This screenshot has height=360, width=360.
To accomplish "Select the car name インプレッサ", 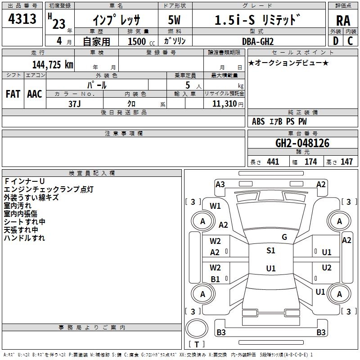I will [116, 20].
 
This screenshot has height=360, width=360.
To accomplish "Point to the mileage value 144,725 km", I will [53, 64].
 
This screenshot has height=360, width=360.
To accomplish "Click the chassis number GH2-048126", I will [302, 143].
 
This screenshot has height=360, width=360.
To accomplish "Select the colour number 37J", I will [75, 103].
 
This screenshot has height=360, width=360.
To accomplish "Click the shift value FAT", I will [13, 94].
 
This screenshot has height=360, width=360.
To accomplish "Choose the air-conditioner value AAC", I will [34, 94].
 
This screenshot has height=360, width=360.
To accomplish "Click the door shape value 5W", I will [175, 20].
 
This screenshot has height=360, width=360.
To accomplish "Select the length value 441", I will [273, 162].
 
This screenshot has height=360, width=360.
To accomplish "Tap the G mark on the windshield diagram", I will [284, 237].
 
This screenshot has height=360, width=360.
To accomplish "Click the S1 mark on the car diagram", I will [271, 251].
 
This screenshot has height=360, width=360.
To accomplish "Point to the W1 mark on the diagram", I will [216, 206].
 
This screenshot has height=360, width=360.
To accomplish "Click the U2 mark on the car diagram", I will [327, 268].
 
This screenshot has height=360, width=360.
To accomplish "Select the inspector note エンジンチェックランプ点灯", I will [49, 189].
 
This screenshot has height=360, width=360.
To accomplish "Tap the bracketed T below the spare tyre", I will [196, 345].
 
